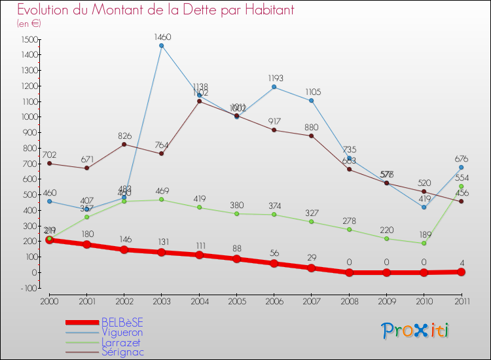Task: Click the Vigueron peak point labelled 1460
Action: tap(161, 46)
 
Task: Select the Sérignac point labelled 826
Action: tap(124, 144)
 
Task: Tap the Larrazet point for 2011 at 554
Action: tap(461, 187)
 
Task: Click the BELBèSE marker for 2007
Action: tap(311, 268)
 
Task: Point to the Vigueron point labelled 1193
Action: tap(274, 87)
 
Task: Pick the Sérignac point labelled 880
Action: tap(311, 135)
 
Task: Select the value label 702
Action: tap(49, 155)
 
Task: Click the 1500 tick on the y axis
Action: tap(29, 39)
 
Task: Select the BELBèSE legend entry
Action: tap(122, 322)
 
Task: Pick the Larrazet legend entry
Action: tap(121, 342)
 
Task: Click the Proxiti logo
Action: tap(416, 331)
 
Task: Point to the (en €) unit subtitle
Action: tap(29, 24)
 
